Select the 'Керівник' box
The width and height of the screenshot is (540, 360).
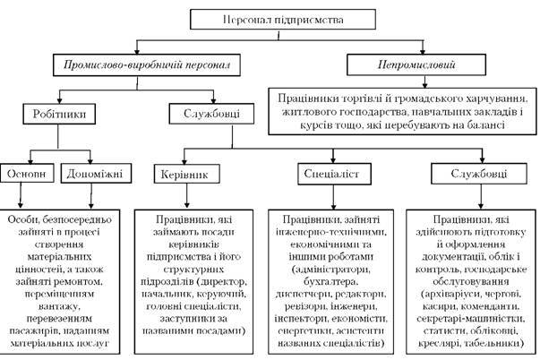pos(187,173)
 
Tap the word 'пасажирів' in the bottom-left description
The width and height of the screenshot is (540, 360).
pos(33,330)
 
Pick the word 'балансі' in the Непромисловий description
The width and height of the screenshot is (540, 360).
pos(483,124)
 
